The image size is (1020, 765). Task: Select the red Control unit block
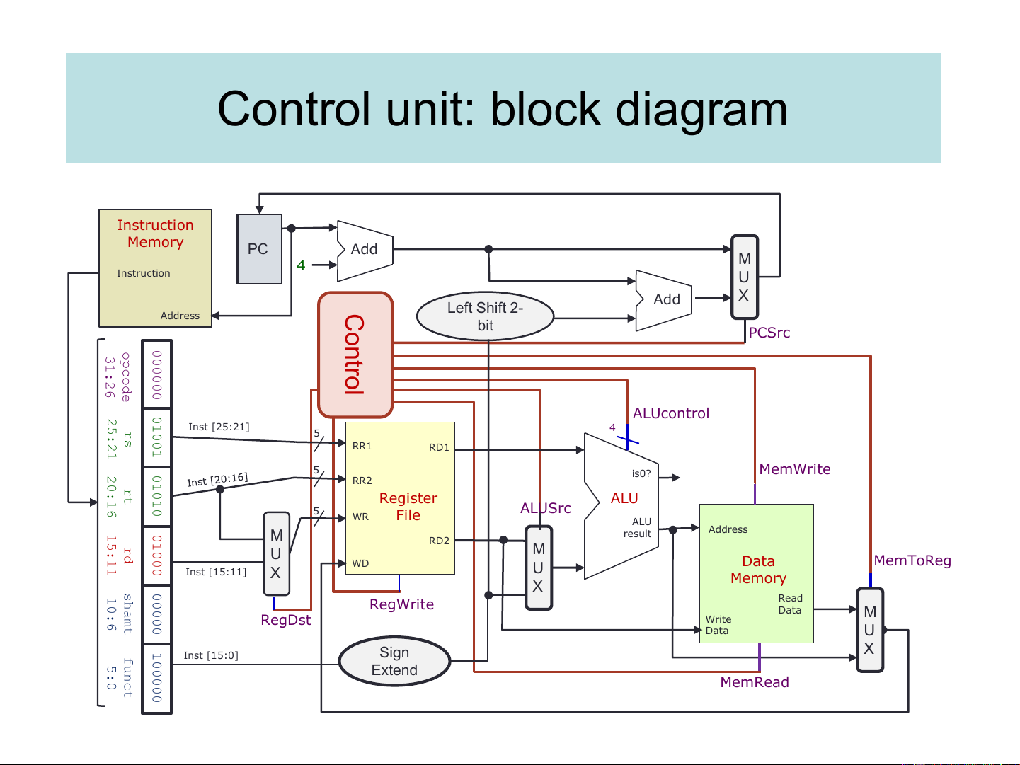click(355, 355)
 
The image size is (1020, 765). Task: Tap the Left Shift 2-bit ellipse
click(485, 316)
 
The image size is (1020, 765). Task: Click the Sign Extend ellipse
click(394, 662)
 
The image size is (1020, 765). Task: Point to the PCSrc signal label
click(769, 333)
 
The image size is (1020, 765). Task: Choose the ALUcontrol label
click(671, 413)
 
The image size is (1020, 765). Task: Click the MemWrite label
click(795, 469)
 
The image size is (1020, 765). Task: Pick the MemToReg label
click(912, 560)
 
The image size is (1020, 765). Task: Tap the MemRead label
click(755, 682)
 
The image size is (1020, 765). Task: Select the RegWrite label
click(401, 604)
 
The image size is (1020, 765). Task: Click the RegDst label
click(286, 620)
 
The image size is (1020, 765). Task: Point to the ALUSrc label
click(546, 508)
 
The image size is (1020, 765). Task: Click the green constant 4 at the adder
click(301, 265)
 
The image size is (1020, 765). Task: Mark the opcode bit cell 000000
click(157, 374)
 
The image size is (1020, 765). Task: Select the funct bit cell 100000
click(157, 678)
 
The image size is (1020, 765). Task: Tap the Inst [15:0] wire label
click(211, 655)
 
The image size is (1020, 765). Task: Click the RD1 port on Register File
click(439, 447)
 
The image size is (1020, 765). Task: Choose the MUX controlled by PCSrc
click(745, 277)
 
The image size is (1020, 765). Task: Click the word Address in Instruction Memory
click(180, 316)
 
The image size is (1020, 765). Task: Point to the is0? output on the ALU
click(641, 473)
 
